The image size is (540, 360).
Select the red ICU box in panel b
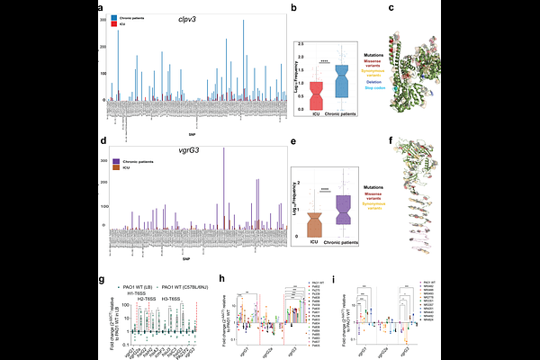click(317, 94)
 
